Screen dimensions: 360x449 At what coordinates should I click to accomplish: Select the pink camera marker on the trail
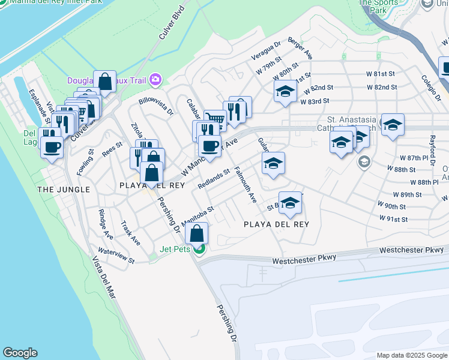155,79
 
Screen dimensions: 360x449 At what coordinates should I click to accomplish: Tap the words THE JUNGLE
64,190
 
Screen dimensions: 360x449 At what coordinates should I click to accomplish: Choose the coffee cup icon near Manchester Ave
209,146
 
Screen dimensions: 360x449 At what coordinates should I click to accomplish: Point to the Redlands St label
214,178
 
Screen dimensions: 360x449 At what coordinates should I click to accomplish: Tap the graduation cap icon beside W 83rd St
285,91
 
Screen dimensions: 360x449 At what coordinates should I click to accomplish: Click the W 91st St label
393,220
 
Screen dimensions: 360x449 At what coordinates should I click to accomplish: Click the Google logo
20,353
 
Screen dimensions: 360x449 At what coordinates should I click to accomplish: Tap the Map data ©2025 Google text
412,355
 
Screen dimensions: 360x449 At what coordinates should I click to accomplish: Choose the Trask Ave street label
130,233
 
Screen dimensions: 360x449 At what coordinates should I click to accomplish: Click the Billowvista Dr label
155,106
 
